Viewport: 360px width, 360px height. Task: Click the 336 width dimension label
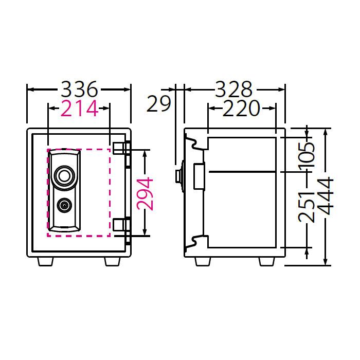[79, 89]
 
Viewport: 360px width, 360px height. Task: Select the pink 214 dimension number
[79, 109]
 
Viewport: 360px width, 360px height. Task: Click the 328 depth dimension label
[233, 89]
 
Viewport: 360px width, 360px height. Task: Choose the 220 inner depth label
[242, 109]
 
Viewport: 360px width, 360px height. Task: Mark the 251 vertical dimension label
[307, 202]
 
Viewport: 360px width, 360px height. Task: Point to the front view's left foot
[46, 261]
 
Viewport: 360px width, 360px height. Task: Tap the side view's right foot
[266, 261]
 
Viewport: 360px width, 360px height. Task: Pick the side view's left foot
[203, 261]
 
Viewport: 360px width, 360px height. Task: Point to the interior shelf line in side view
[242, 170]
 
